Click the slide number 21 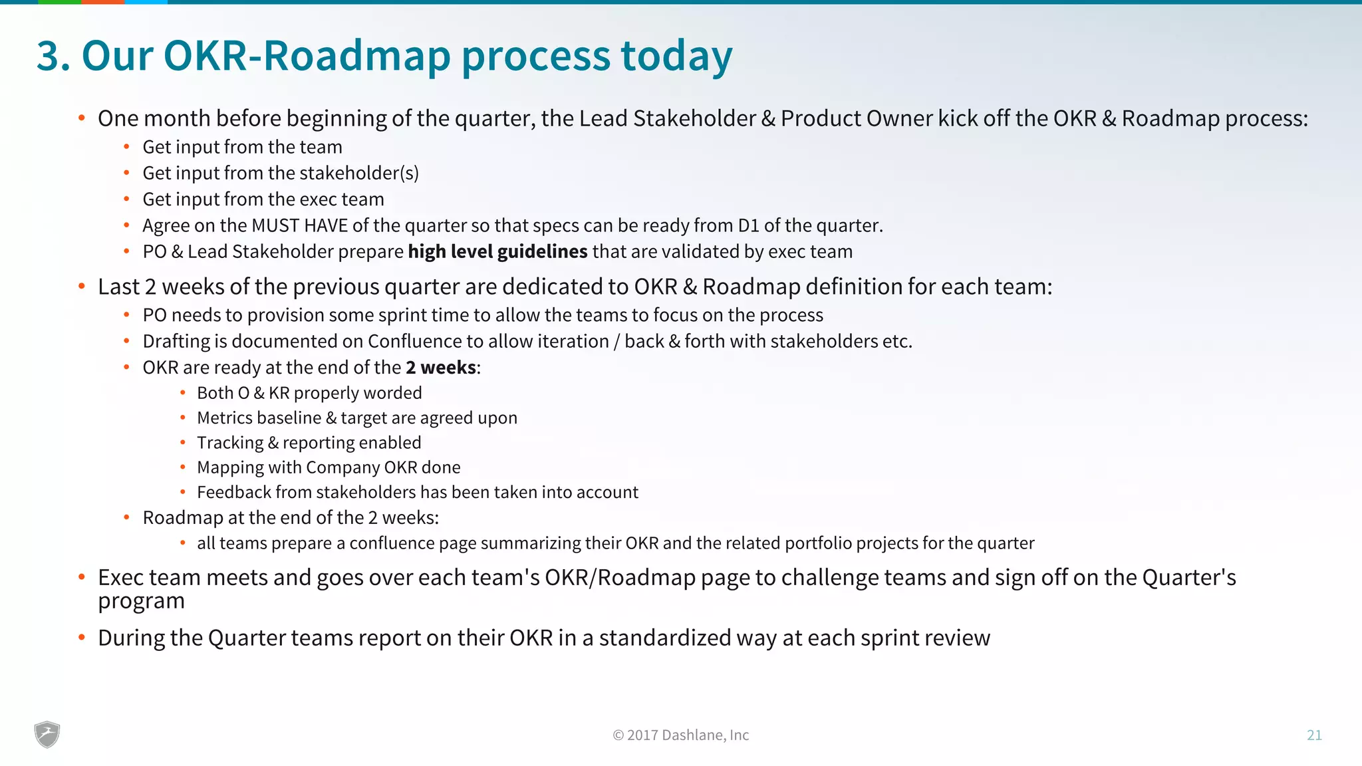pyautogui.click(x=1314, y=735)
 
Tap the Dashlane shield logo pyautogui.click(x=47, y=735)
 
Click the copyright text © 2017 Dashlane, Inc pyautogui.click(x=680, y=735)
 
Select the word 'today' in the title pyautogui.click(x=676, y=55)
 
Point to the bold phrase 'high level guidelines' pyautogui.click(x=497, y=251)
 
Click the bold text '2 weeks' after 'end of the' pyautogui.click(x=441, y=367)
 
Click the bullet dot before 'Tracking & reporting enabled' pyautogui.click(x=182, y=443)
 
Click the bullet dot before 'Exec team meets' pyautogui.click(x=81, y=577)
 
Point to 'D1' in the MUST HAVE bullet pyautogui.click(x=748, y=225)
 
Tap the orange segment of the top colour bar pyautogui.click(x=102, y=2)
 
